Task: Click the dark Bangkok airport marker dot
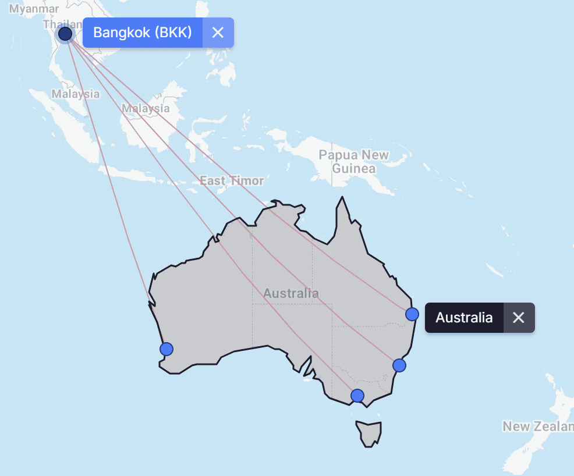point(65,34)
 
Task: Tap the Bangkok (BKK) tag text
point(143,32)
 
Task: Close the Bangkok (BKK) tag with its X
point(218,32)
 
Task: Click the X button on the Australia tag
point(518,318)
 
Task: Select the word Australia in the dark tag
point(464,318)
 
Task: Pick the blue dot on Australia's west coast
point(166,349)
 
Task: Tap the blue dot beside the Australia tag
point(412,314)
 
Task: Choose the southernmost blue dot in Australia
point(357,396)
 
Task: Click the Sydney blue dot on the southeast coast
point(399,365)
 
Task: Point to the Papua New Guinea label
point(354,162)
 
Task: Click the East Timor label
point(232,181)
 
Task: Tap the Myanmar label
point(34,9)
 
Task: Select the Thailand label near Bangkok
point(56,24)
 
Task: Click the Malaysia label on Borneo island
point(146,108)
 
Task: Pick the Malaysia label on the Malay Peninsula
point(75,94)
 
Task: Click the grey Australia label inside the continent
point(290,293)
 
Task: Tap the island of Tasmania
point(370,433)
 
